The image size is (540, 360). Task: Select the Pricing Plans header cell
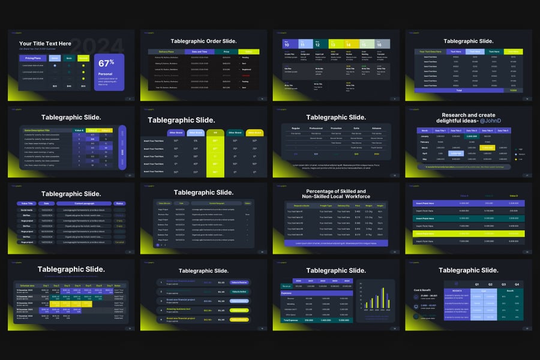(x=33, y=58)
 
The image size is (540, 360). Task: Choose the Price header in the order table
(x=226, y=52)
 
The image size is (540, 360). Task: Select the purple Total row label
(x=459, y=90)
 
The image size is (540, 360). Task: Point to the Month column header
(x=425, y=130)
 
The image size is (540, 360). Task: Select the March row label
(x=424, y=147)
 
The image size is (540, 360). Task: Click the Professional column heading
(x=316, y=128)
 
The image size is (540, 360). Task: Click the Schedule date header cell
(x=27, y=286)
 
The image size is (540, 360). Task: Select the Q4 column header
(x=515, y=284)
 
